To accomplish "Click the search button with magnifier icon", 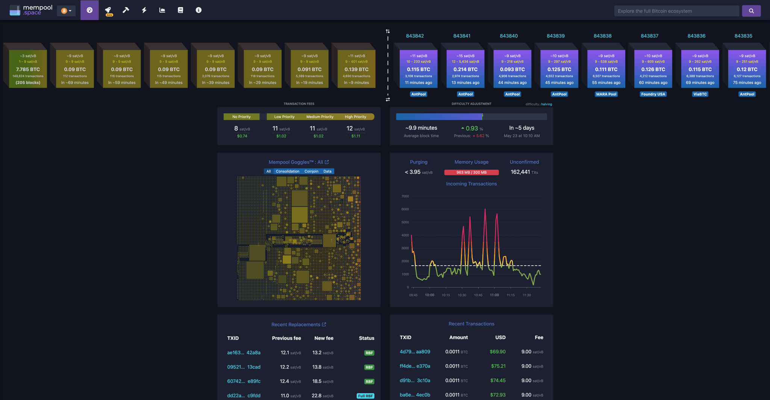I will [751, 11].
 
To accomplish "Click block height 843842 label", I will [415, 36].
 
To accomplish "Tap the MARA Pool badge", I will [606, 94].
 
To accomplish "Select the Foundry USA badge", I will [653, 94].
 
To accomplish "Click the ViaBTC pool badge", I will [700, 94].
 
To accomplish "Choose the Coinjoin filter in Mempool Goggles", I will [311, 171].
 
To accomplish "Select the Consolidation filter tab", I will [288, 171].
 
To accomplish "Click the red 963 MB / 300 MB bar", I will [471, 172].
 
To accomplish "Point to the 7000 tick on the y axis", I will [405, 196].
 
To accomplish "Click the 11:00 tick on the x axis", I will [494, 295].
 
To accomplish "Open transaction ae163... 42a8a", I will [244, 353].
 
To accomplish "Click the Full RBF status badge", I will [365, 396].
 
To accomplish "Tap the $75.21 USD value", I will [498, 366].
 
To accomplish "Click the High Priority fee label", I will [355, 117].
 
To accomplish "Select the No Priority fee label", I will [241, 117].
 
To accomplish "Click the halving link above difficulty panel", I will [547, 104].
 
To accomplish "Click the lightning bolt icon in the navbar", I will [144, 10].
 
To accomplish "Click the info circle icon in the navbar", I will [199, 10].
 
